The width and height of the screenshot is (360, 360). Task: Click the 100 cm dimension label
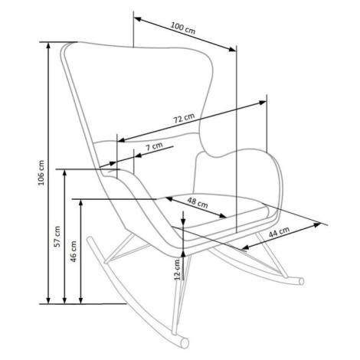coord(183,28)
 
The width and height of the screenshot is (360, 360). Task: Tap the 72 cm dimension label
coord(184,118)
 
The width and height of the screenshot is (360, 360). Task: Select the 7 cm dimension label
coord(154,146)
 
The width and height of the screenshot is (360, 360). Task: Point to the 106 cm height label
coord(41,172)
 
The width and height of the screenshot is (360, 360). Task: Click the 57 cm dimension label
coord(57,237)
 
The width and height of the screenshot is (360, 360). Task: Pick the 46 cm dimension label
coord(74,251)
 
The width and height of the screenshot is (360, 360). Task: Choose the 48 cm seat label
coord(198,202)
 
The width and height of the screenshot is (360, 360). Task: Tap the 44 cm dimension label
coord(279,232)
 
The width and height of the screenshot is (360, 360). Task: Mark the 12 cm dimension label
coord(177,270)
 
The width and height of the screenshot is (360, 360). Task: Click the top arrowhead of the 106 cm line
coord(48,45)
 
